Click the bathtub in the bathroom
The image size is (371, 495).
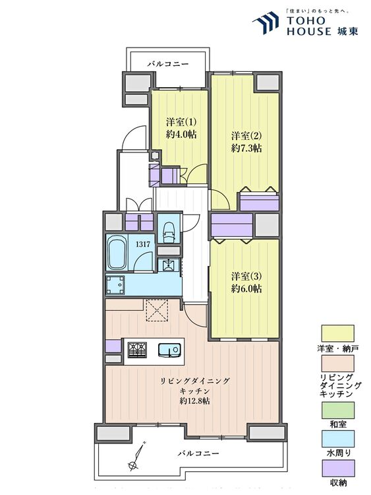(117, 253)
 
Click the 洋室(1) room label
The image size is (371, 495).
(181, 122)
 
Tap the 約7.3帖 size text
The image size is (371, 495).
(246, 148)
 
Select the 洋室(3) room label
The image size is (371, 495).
(246, 277)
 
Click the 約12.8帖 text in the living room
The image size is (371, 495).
(194, 401)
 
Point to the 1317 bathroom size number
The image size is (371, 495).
(140, 244)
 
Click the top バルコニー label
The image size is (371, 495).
(168, 64)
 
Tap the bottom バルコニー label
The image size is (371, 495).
(198, 453)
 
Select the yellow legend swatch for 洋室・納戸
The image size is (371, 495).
(337, 333)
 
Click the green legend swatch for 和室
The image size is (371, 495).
(337, 410)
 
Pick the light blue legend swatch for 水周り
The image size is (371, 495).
(337, 439)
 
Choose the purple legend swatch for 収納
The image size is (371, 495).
(337, 468)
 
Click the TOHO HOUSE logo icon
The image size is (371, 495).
(266, 22)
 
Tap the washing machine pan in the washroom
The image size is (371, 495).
(116, 284)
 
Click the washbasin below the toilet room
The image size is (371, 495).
(169, 265)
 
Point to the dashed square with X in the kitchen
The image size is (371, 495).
(156, 310)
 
